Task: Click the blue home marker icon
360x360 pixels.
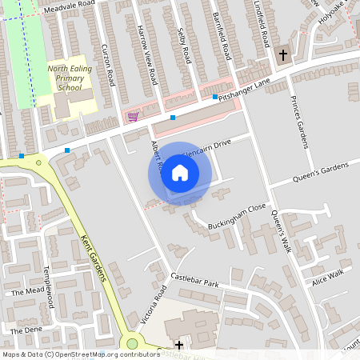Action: tap(180, 173)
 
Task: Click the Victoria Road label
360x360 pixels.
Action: tap(149, 306)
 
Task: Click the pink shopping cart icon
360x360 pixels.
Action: tap(133, 117)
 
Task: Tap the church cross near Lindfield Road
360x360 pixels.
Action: tap(282, 55)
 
